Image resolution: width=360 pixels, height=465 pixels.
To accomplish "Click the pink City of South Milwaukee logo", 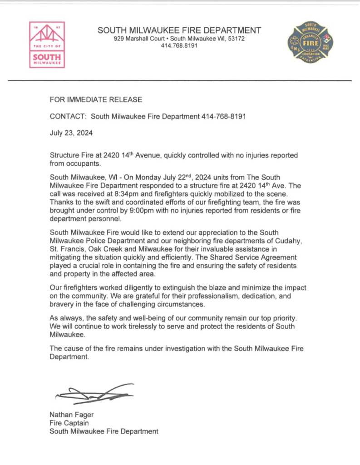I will click(x=47, y=45).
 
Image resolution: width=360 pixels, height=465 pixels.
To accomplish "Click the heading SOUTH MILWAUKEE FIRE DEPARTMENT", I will click(x=179, y=30).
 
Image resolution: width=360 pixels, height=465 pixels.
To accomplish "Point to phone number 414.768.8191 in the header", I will click(x=179, y=46).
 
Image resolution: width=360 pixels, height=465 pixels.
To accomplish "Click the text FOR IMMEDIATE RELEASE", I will click(x=96, y=99).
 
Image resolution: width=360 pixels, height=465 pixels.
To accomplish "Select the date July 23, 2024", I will click(x=71, y=134).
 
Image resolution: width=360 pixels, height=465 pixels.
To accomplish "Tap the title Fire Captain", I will click(x=69, y=423).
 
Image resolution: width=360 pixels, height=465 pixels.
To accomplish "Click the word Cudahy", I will click(x=286, y=241).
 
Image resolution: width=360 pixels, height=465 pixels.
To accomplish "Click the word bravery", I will click(x=62, y=304).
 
